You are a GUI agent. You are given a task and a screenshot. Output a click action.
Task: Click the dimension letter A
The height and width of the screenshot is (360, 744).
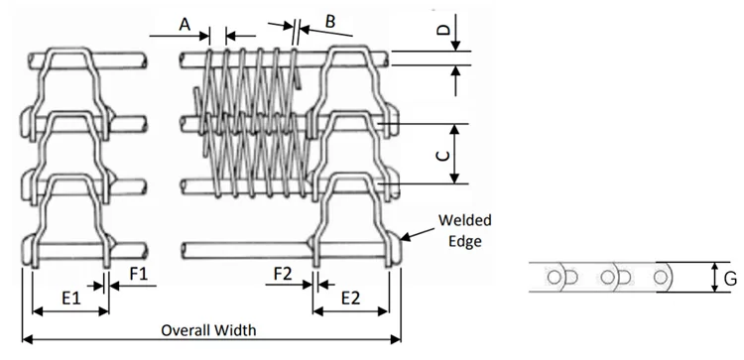[x=185, y=24]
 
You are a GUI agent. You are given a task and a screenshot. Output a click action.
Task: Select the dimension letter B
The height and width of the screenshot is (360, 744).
[x=330, y=22]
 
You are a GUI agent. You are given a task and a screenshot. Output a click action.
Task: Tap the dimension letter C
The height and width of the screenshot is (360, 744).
[x=442, y=156]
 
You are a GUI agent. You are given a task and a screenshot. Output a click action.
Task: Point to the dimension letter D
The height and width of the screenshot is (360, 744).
[x=442, y=30]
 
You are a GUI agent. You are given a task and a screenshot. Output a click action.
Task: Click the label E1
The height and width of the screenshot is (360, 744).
[x=71, y=298]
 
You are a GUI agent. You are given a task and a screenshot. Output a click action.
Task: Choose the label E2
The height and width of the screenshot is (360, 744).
[x=350, y=298]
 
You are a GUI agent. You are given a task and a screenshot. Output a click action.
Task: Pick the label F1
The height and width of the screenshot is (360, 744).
[x=139, y=274]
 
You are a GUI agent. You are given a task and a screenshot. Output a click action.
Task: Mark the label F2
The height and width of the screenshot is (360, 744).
[x=284, y=274]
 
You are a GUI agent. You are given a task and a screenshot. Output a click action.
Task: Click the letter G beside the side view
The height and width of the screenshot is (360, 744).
[x=731, y=279]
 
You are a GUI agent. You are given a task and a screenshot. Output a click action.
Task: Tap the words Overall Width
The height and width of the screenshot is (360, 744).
[x=208, y=329]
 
